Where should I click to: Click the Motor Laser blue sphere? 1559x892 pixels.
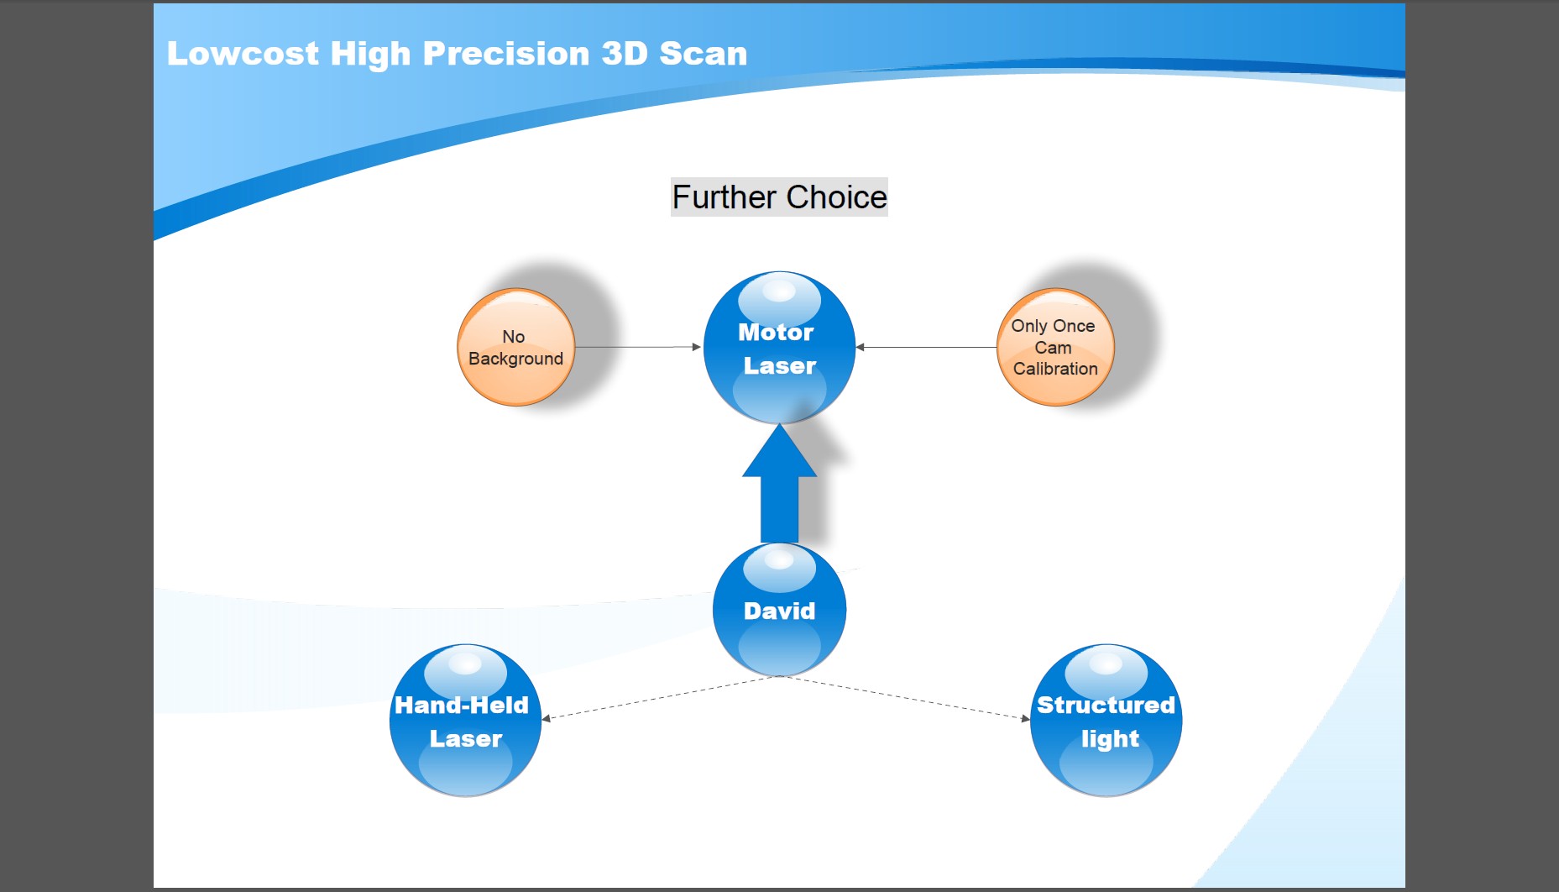779,347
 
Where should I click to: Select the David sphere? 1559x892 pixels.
779,610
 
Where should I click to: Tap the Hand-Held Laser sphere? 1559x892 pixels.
465,720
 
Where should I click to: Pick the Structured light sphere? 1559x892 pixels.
1106,720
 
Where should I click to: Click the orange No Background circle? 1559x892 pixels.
515,347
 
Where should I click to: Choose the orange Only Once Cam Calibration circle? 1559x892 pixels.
1055,347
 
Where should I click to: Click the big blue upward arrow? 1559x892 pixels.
779,483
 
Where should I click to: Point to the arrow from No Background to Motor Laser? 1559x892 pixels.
638,347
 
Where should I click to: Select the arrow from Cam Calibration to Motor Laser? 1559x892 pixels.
926,347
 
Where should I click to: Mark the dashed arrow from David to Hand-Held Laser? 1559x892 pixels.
661,698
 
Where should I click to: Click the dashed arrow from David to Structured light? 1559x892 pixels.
905,698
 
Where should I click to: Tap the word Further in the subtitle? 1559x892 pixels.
725,197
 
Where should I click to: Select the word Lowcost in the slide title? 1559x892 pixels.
243,54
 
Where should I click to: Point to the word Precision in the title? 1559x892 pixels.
505,54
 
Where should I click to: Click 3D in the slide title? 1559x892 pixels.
624,54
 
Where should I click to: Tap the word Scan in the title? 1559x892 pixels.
703,54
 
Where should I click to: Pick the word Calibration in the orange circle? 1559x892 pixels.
1055,369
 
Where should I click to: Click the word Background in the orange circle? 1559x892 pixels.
515,359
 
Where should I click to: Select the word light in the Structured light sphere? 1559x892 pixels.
1110,739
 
